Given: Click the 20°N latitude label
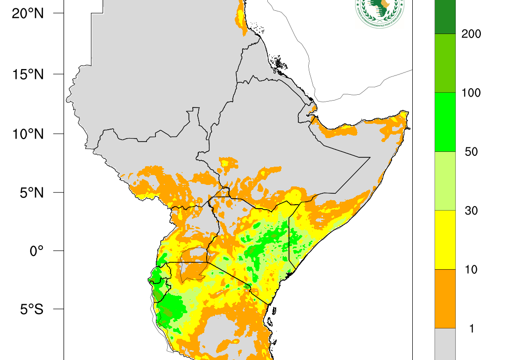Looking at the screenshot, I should (x=28, y=13).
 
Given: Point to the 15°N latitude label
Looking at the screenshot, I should (x=28, y=74).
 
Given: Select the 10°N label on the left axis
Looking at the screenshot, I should (x=28, y=134).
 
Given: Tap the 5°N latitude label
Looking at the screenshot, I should (x=31, y=192).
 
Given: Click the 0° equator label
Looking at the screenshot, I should (x=37, y=251).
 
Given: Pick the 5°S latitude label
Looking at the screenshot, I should (x=31, y=309).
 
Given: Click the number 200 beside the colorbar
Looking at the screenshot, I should (x=471, y=34).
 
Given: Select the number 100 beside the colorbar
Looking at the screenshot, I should (x=471, y=93).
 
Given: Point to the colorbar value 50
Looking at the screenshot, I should (x=471, y=151).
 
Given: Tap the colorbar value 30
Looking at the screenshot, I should (x=471, y=211).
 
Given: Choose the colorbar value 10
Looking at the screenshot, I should (x=471, y=269).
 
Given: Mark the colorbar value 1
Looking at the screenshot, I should (x=471, y=328).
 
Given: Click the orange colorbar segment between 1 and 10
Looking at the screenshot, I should (x=445, y=298).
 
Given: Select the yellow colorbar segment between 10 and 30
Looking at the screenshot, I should (x=445, y=240).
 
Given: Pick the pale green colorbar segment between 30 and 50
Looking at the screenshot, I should (x=445, y=181).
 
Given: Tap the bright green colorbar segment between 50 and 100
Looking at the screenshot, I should (x=445, y=122).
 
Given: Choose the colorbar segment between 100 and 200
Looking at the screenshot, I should (x=445, y=63).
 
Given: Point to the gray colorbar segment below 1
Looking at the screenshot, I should (x=445, y=344).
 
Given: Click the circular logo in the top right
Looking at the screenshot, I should (x=379, y=11).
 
